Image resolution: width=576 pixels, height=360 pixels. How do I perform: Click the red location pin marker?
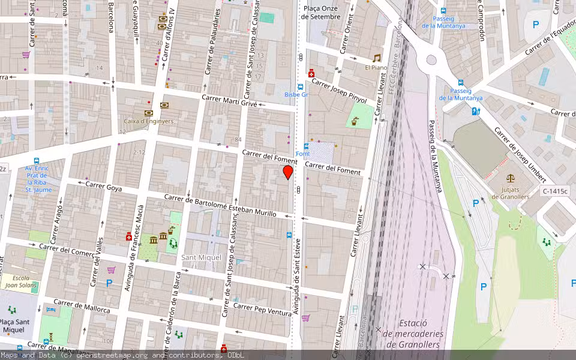pos(288,172)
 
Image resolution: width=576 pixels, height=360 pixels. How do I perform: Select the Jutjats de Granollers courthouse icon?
pos(511,178)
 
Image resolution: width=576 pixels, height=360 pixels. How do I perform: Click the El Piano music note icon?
pos(377,58)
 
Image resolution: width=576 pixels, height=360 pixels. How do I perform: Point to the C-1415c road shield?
pos(554,191)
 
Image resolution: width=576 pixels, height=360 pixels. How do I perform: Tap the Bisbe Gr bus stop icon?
pos(300,86)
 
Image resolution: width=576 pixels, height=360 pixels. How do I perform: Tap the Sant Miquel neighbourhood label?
pos(202,257)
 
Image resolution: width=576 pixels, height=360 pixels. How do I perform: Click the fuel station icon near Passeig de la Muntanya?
pos(475,111)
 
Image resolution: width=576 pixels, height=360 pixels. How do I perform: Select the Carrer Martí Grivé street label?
pos(230,100)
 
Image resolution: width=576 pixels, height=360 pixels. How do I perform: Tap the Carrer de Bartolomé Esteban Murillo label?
pos(220,205)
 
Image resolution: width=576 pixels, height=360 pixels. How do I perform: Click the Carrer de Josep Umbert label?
pos(520,155)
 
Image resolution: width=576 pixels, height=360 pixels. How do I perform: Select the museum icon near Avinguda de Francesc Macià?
pos(154,241)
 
